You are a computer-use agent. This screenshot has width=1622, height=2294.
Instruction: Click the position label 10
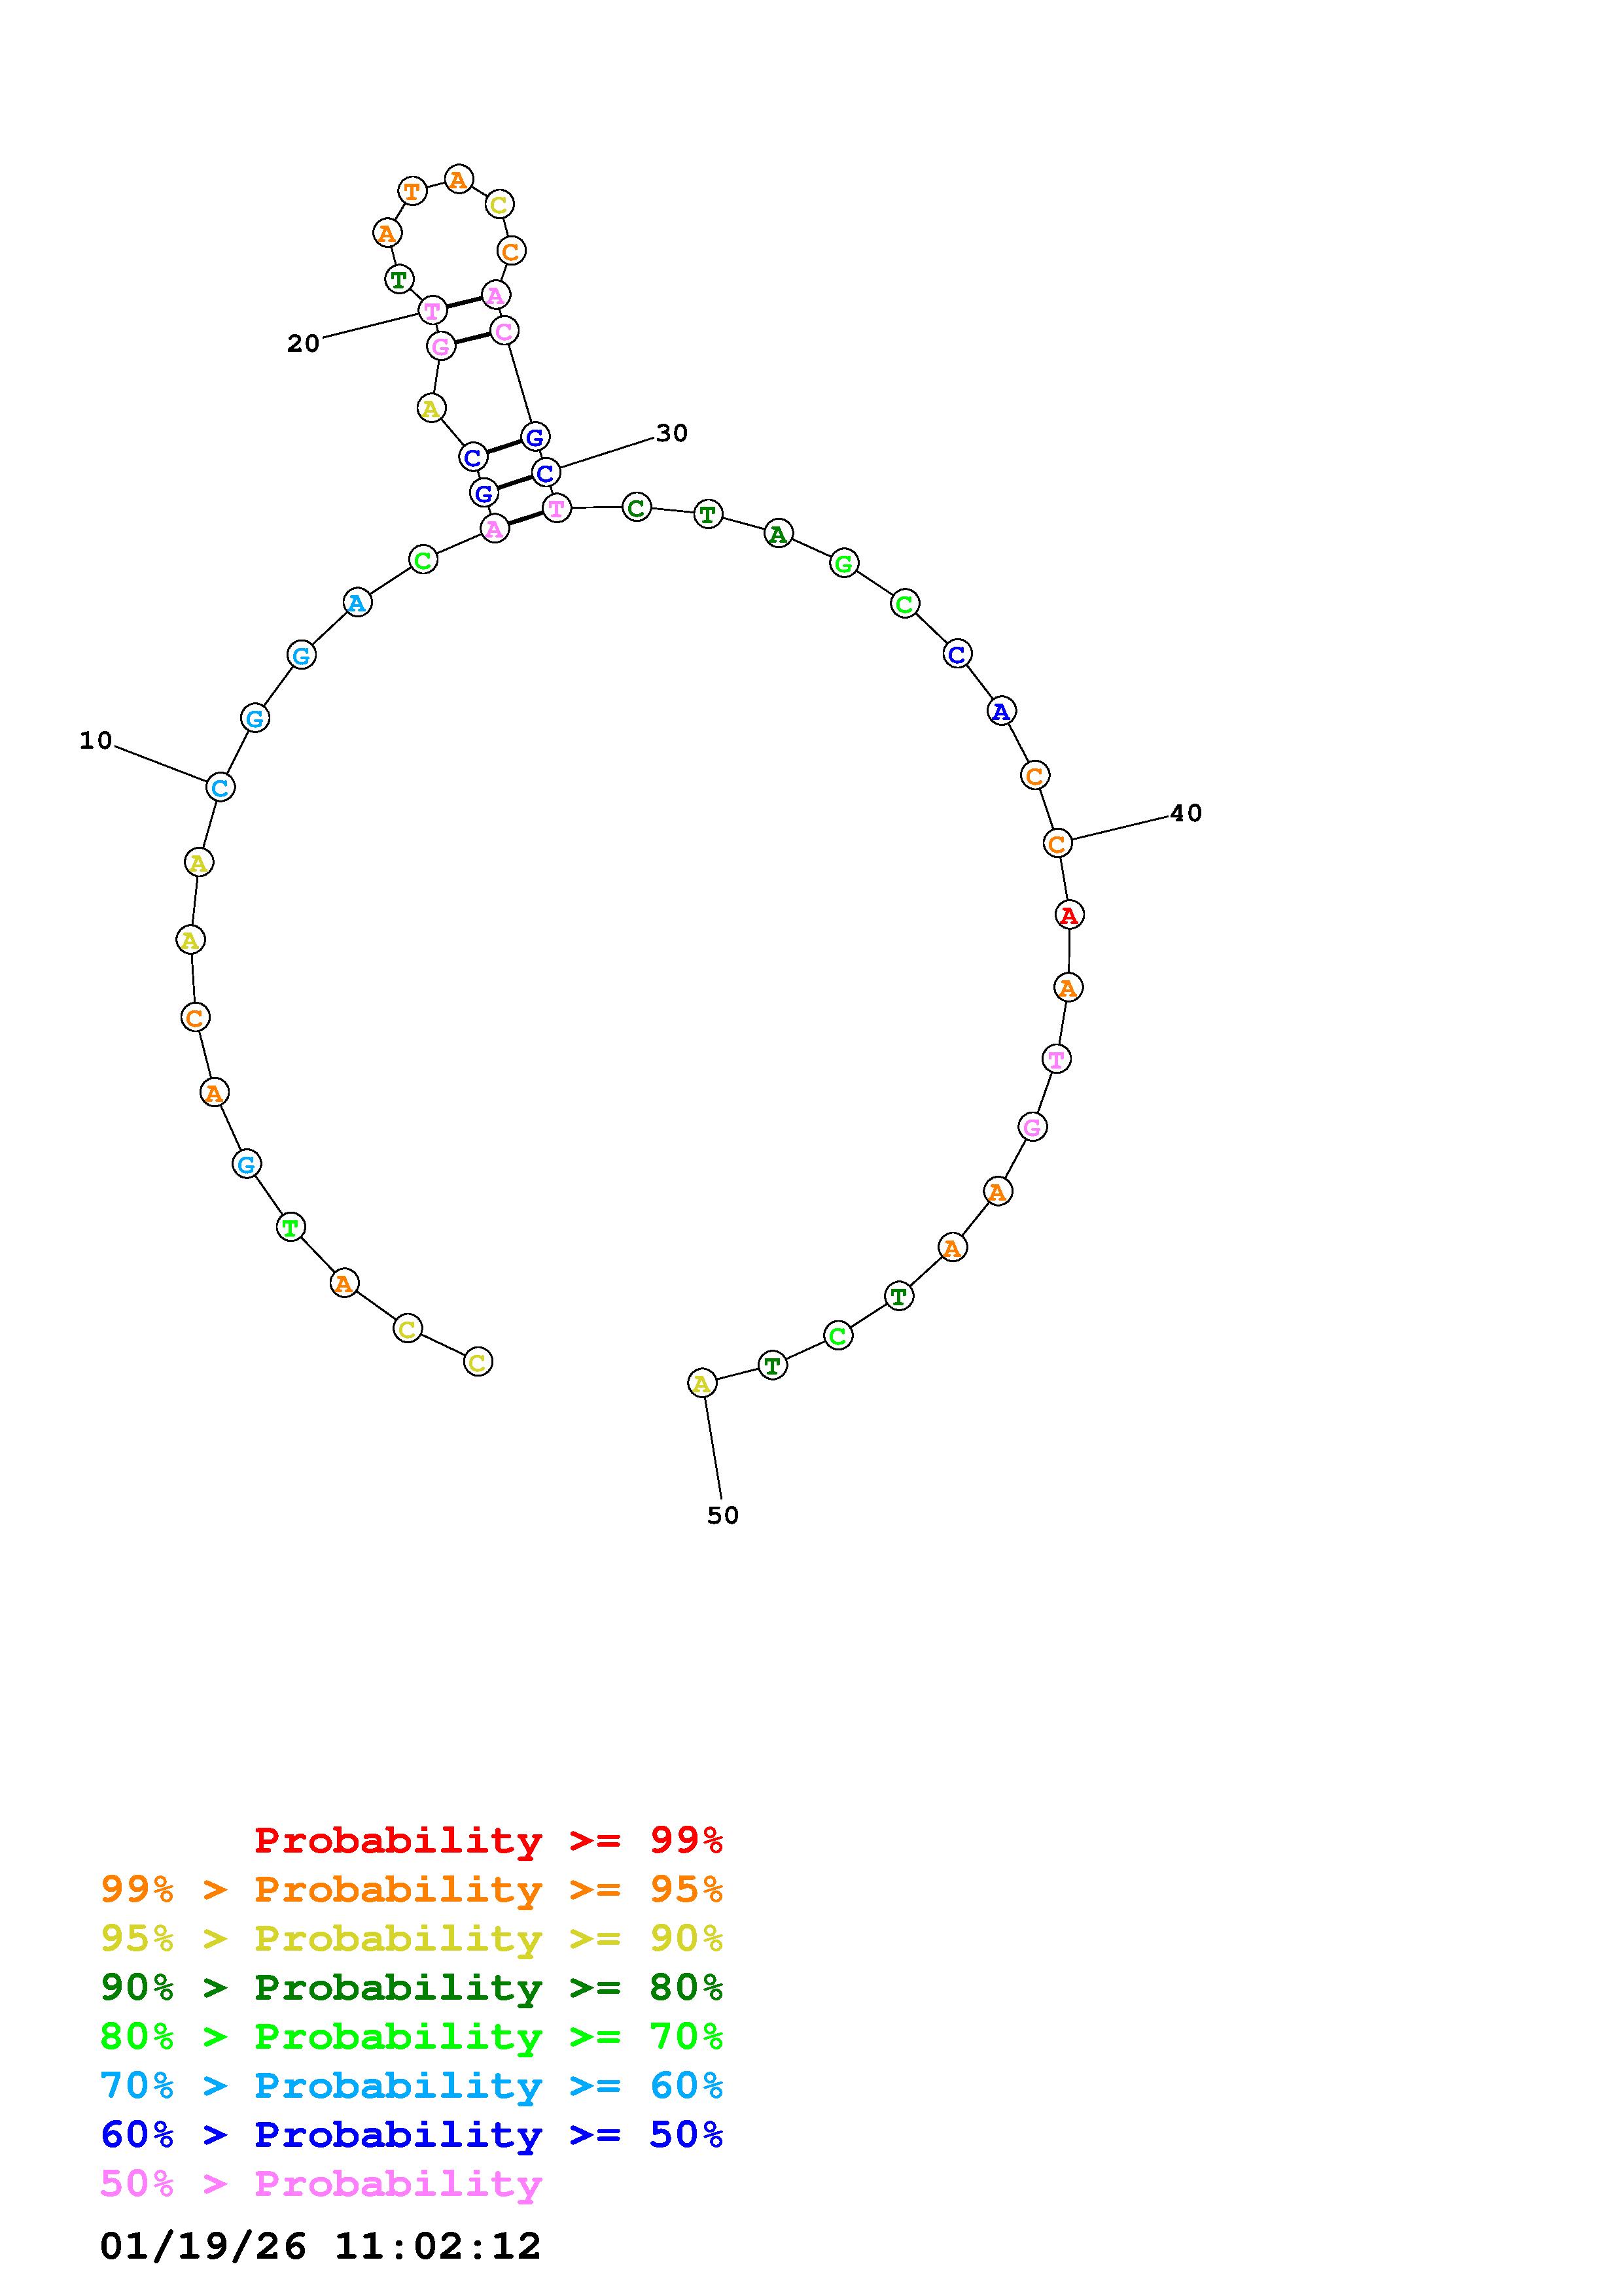[96, 740]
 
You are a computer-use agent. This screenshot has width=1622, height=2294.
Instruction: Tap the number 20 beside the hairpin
[303, 344]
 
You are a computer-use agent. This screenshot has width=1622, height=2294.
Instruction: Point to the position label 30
[671, 433]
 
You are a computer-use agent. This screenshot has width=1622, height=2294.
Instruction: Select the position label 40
[1186, 813]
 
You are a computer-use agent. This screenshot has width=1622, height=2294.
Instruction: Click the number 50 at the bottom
[722, 1516]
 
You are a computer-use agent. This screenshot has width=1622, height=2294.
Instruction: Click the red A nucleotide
[1069, 914]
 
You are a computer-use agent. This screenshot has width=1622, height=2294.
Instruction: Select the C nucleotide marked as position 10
[220, 787]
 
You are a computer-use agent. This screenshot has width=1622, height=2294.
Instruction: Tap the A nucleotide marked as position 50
[701, 1384]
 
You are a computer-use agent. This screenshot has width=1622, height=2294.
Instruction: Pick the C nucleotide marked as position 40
[1057, 844]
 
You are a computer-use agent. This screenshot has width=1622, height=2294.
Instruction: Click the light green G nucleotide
[845, 564]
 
